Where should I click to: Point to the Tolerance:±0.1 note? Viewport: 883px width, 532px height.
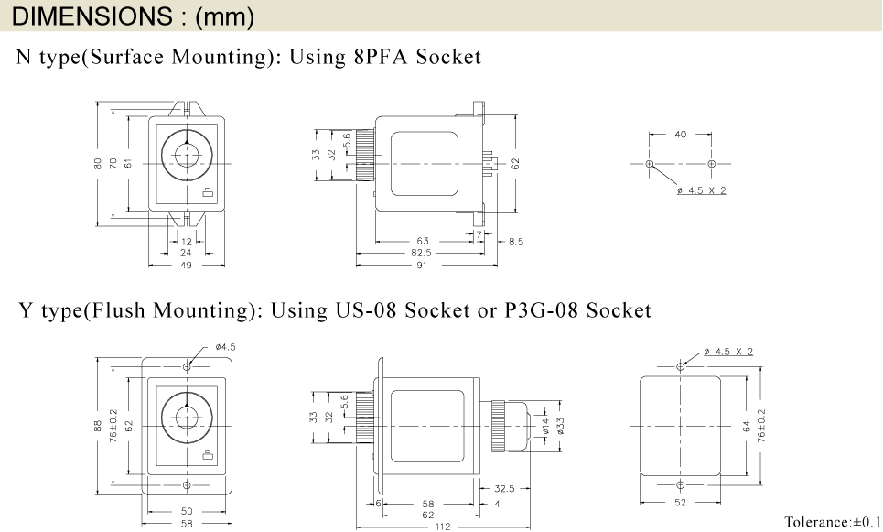[x=832, y=522]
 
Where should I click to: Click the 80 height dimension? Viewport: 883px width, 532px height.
[x=97, y=164]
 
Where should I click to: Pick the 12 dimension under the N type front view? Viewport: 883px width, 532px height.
[x=187, y=242]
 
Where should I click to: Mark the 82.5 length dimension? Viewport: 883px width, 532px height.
[x=421, y=253]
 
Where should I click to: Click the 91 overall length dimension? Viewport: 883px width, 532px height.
[x=422, y=266]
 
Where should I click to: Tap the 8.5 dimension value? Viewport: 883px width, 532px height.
[x=515, y=242]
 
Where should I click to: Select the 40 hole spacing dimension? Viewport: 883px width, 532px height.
[x=680, y=135]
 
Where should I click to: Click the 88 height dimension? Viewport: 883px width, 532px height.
[x=98, y=426]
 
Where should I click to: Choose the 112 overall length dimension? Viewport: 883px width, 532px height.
[x=442, y=527]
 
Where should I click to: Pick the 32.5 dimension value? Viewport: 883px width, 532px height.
[x=504, y=488]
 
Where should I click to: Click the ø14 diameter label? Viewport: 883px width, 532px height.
[x=546, y=426]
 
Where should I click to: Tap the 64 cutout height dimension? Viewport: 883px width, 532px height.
[x=747, y=426]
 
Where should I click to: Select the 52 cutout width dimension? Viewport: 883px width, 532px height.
[x=680, y=504]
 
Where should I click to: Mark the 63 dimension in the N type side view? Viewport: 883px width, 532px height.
[x=423, y=242]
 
